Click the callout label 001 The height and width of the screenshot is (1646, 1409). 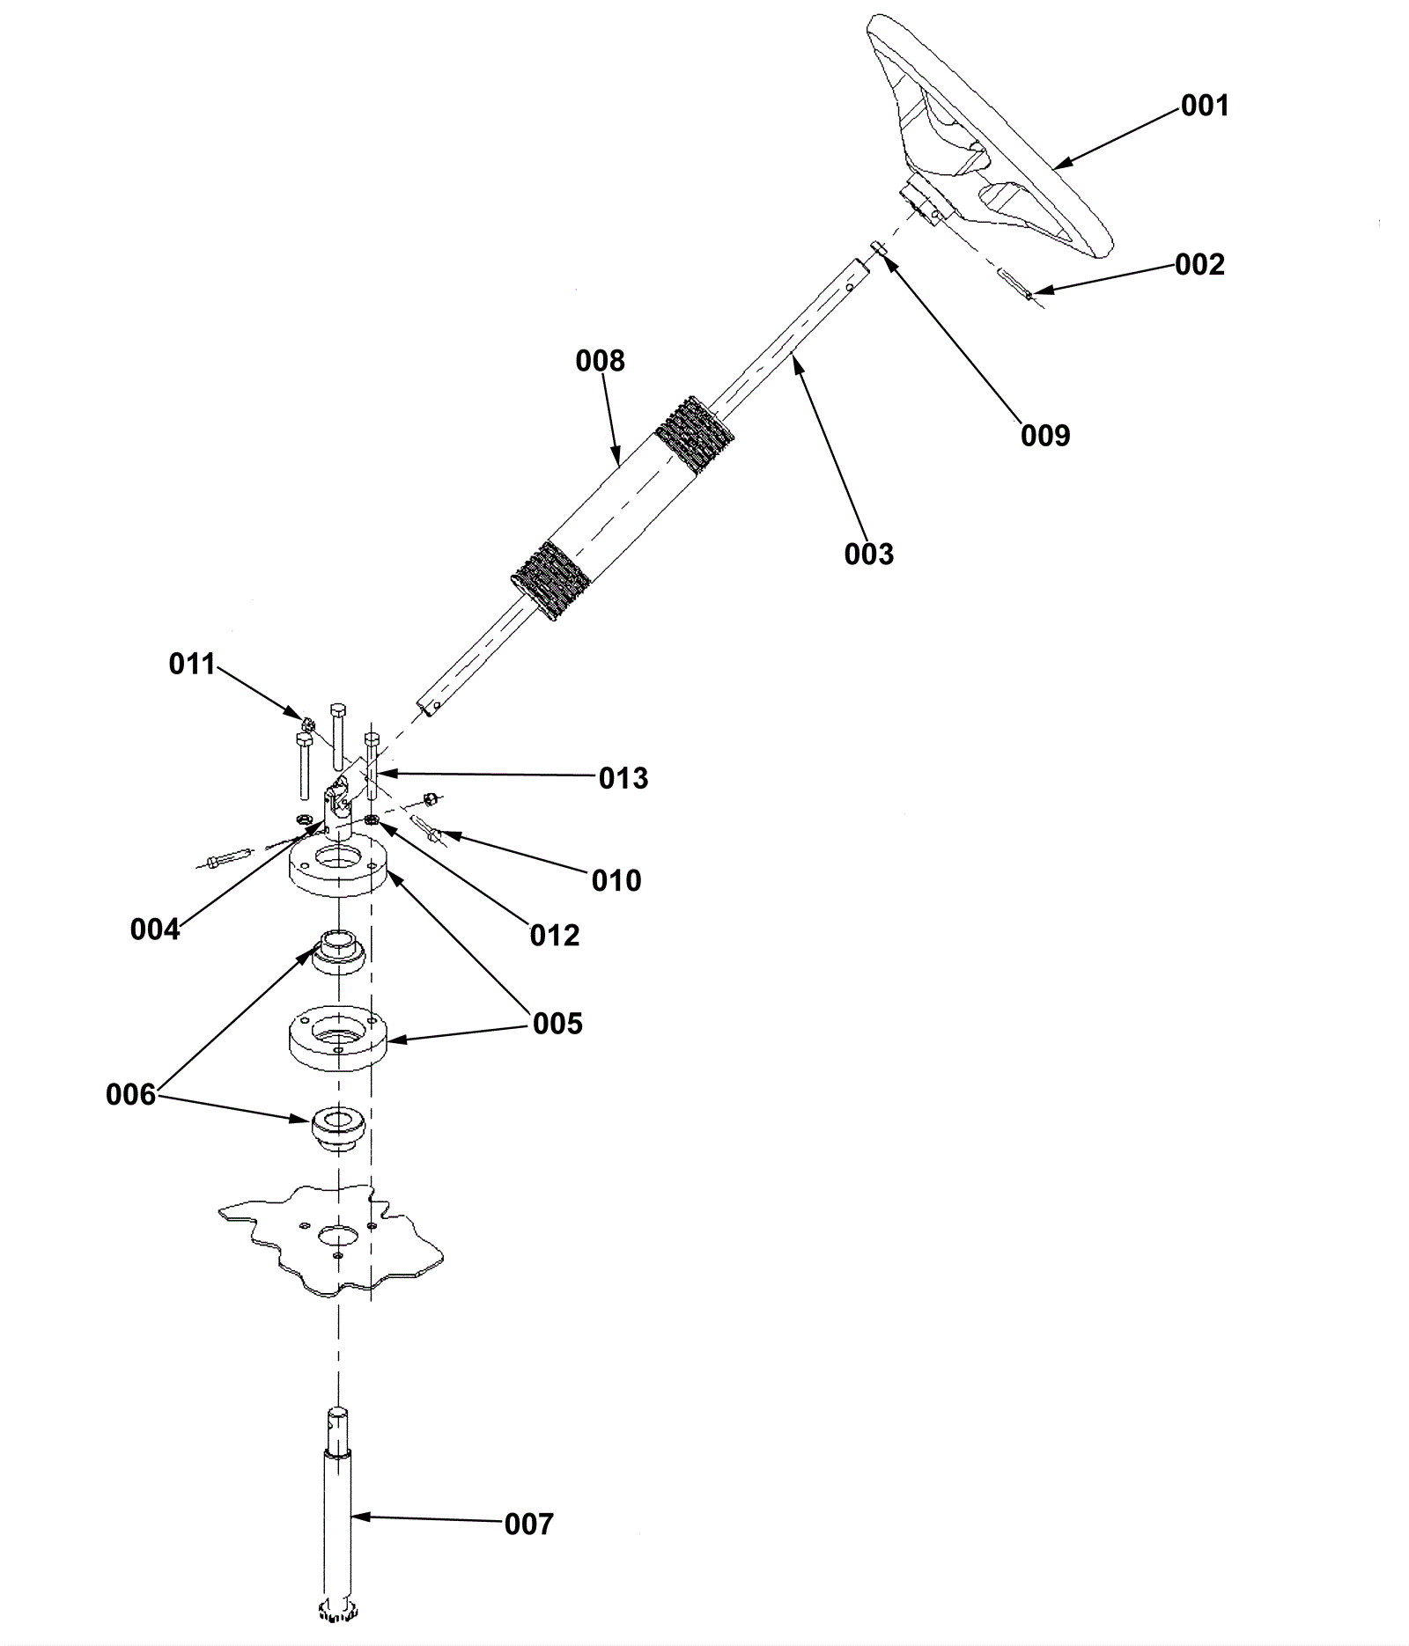coord(1204,106)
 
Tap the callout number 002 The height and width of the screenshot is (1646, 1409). coord(1199,265)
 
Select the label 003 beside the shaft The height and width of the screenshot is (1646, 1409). coord(868,555)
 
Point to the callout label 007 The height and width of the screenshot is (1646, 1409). coord(528,1524)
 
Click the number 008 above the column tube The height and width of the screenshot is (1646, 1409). coord(600,361)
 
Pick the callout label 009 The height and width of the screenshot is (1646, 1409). coord(1045,435)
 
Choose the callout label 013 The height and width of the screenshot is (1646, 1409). coord(623,778)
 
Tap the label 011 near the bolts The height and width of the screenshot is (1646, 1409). coord(193,664)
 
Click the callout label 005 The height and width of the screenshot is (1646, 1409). coord(557,1024)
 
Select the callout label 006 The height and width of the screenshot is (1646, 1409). coord(130,1095)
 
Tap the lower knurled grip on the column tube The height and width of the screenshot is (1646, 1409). coord(550,581)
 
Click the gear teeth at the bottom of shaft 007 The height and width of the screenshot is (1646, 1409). coord(338,1610)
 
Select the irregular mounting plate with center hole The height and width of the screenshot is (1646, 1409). coord(331,1240)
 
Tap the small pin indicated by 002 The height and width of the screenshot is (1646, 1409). coord(1014,286)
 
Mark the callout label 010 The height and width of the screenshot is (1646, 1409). coord(616,880)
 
